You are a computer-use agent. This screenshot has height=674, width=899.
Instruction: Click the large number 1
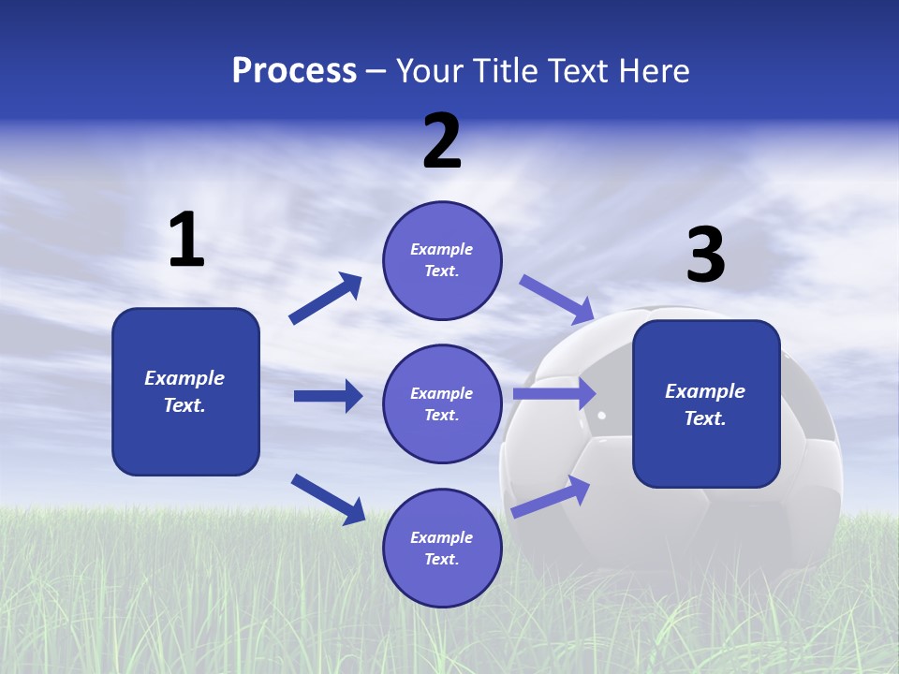point(186,241)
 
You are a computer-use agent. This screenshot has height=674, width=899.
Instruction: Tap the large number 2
point(442,141)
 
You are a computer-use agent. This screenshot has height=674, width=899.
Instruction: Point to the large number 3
point(706,256)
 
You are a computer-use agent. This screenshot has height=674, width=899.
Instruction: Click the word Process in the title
point(294,71)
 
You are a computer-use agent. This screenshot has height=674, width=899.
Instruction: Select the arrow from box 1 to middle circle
point(328,396)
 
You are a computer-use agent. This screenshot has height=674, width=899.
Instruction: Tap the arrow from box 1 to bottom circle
point(328,498)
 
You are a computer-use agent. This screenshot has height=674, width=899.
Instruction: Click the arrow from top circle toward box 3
point(556,299)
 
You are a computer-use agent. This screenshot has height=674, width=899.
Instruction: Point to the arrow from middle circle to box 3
point(554,394)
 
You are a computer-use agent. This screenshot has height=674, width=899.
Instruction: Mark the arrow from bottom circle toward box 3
point(551,496)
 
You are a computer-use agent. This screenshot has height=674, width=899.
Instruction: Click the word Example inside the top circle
point(441,249)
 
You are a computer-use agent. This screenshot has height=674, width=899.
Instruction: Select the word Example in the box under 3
point(705,391)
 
